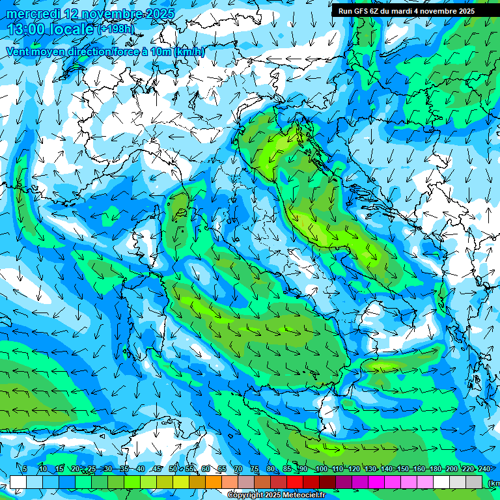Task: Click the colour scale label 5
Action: tap(25, 469)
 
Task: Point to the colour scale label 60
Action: tap(206, 469)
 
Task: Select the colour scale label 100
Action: tap(321, 469)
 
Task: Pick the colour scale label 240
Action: tap(484, 469)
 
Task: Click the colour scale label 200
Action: tap(451, 469)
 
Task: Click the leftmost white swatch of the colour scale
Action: tap(18, 482)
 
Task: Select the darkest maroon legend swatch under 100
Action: tap(327, 482)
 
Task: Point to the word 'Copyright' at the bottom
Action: tap(245, 495)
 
